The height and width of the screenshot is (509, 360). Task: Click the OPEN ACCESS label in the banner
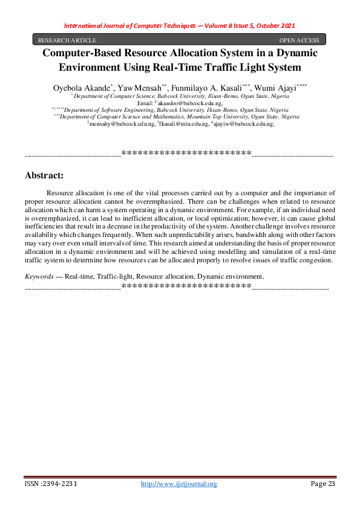[x=299, y=40]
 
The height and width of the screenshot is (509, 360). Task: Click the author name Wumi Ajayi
[x=275, y=88]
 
